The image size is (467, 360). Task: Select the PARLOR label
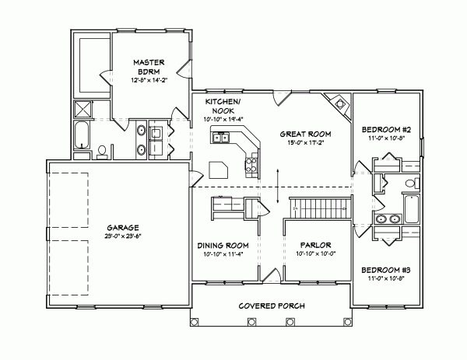[x=316, y=244]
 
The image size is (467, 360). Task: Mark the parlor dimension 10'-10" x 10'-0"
[x=316, y=253]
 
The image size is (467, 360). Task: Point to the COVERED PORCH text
[x=272, y=305]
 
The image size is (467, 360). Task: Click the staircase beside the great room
[x=318, y=208]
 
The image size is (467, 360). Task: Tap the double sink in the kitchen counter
[x=222, y=138]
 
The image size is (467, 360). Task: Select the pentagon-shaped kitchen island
[x=219, y=170]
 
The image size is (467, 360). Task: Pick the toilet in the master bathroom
[x=102, y=149]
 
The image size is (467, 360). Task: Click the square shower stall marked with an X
[x=83, y=110]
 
